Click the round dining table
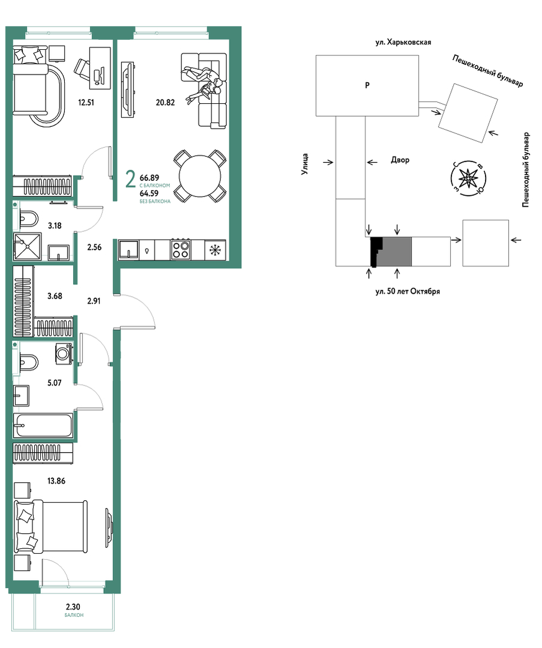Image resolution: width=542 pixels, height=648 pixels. [x=200, y=176]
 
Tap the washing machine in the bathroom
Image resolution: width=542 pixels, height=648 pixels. [x=64, y=354]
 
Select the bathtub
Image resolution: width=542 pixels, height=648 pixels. [x=43, y=425]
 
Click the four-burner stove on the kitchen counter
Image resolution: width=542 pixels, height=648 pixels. [x=181, y=250]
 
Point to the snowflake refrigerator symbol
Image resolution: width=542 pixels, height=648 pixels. [x=215, y=250]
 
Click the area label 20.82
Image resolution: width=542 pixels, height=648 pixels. [x=165, y=103]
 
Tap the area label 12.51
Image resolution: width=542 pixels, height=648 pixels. [x=86, y=103]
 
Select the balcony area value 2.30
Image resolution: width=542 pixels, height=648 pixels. [x=73, y=607]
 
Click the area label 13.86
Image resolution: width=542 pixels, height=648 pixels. [x=56, y=480]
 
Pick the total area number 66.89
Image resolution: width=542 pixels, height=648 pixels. [x=149, y=178]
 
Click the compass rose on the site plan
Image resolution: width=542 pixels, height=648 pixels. [x=468, y=178]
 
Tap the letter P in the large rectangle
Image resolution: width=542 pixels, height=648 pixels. [x=367, y=85]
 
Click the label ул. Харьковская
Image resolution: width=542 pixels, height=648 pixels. [x=403, y=42]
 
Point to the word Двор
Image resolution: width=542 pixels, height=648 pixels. [x=400, y=160]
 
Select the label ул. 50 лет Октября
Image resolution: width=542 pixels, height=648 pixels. [x=408, y=291]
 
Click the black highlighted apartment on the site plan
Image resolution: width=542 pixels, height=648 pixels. [x=376, y=252]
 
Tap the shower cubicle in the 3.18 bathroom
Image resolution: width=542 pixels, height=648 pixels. [x=27, y=247]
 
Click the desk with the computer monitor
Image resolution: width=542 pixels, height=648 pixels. [x=100, y=68]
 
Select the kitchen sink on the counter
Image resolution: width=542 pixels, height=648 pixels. [x=129, y=250]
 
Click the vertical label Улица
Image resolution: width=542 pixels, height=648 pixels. [x=305, y=164]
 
